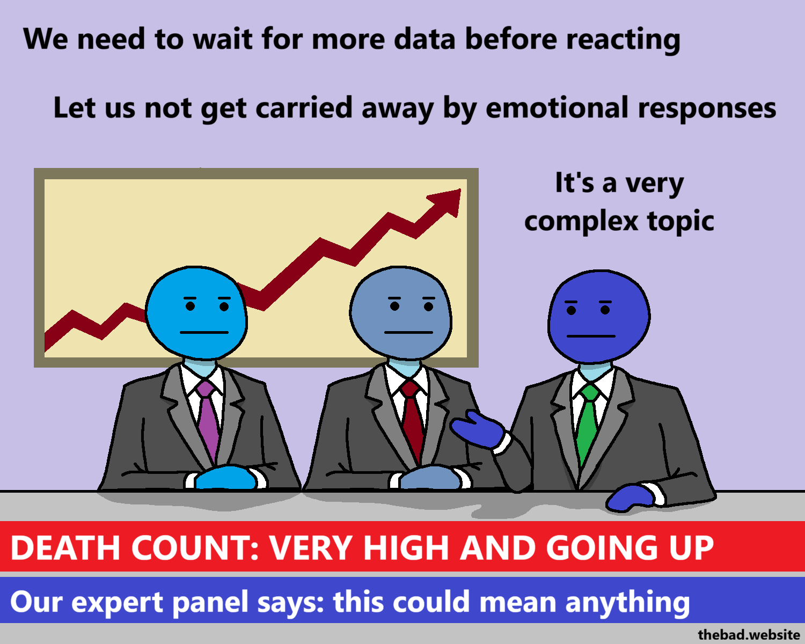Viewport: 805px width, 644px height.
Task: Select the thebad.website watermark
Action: pos(749,635)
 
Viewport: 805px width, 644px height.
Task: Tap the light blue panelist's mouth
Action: pos(204,333)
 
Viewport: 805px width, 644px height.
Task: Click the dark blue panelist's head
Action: pos(599,317)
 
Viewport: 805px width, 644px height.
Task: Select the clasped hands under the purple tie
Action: pos(225,478)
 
